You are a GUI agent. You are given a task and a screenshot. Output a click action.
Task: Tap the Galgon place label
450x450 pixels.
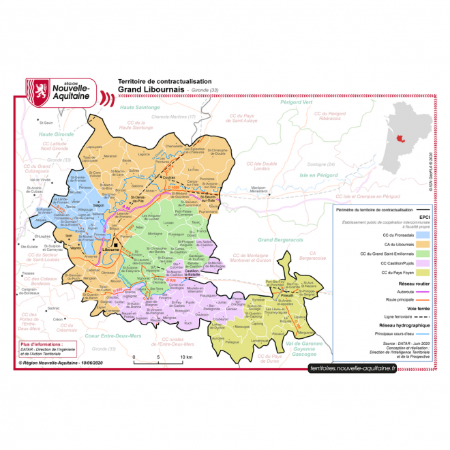tap(99, 204)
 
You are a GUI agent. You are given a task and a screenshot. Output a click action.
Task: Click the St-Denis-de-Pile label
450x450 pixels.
tap(142, 200)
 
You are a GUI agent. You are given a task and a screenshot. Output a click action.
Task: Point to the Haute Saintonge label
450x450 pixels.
tap(137, 108)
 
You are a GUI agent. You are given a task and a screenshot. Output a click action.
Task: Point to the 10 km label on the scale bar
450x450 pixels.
tap(185, 357)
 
